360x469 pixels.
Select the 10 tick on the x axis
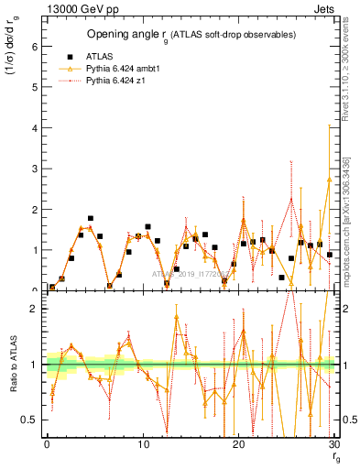142,444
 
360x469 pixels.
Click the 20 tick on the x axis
238,444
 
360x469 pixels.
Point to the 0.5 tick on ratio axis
33,420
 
